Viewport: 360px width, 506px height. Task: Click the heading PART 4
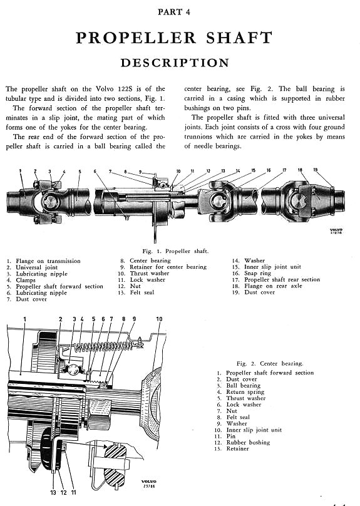[x=174, y=13]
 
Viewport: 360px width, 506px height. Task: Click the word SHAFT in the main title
[x=239, y=38]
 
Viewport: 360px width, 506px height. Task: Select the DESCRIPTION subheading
[x=175, y=63]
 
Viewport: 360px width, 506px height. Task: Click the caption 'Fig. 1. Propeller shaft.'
[x=175, y=251]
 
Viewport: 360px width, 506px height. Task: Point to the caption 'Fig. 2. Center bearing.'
[x=270, y=364]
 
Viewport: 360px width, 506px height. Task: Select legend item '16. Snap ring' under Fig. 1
[x=252, y=273]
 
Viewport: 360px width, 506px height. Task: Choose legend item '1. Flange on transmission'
[x=44, y=261]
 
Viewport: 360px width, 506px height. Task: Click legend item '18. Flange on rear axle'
[x=267, y=286]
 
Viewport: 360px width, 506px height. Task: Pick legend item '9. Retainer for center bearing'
[x=163, y=267]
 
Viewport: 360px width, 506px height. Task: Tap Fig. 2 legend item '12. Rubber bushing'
[x=242, y=442]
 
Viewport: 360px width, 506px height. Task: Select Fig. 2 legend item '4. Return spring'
[x=240, y=392]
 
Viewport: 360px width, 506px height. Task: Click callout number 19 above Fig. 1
[x=316, y=170]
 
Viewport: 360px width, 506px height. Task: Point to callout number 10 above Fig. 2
[x=160, y=319]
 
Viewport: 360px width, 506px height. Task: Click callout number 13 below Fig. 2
[x=53, y=492]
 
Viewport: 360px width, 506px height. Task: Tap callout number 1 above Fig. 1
[x=20, y=171]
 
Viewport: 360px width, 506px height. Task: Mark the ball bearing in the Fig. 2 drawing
[x=71, y=368]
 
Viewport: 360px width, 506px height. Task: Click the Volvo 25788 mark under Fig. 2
[x=149, y=484]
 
